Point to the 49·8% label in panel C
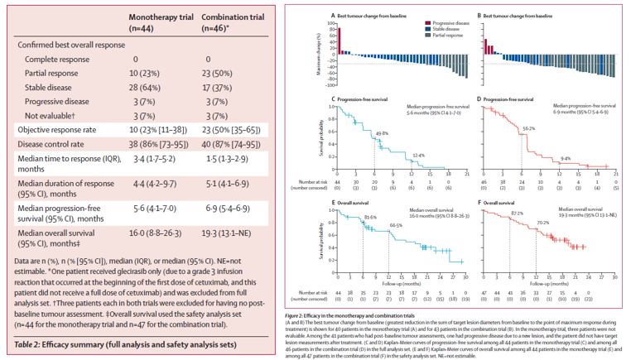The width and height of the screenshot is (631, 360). tap(383, 133)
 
